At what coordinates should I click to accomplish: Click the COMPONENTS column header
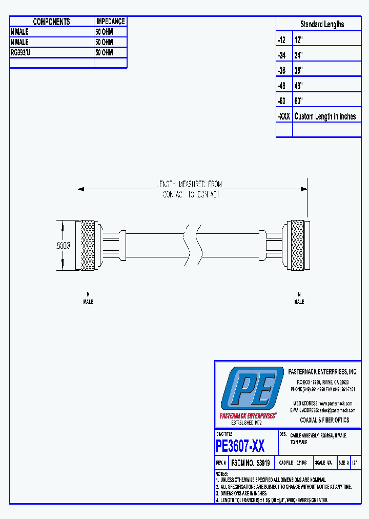point(51,22)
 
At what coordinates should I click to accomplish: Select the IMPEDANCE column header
point(110,22)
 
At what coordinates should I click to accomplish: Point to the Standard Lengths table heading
point(322,24)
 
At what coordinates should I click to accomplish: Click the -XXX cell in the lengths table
point(284,116)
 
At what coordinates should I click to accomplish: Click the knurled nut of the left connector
point(88,245)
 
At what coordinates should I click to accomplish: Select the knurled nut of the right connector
point(297,245)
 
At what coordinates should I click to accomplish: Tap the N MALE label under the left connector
point(88,298)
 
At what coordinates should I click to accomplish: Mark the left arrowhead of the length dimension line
point(80,189)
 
